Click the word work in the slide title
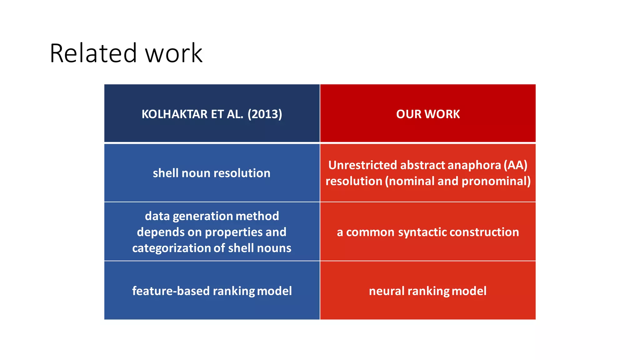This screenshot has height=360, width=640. point(174,53)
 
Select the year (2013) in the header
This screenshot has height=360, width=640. point(265,114)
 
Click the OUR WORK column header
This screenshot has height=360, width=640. point(428,114)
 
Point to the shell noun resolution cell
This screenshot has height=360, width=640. point(212,173)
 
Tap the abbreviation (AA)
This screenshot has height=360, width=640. point(515,165)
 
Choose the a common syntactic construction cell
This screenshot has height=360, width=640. point(428,232)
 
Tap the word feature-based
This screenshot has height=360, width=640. point(171,291)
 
